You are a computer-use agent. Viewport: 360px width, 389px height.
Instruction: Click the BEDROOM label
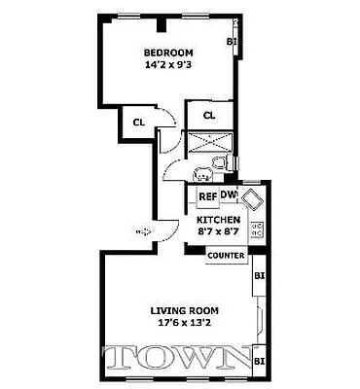[x=168, y=53]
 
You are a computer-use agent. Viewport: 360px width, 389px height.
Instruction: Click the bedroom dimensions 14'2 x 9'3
[x=168, y=67]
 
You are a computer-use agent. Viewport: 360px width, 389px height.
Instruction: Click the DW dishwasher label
[x=229, y=195]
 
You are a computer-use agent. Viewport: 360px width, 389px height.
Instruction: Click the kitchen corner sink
[x=253, y=199]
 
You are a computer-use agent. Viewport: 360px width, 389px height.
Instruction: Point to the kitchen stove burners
[x=258, y=231]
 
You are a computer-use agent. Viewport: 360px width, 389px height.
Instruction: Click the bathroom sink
[x=201, y=175]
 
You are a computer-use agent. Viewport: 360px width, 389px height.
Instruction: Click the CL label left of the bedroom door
[x=139, y=123]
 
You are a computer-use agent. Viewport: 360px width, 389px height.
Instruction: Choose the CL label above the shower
[x=209, y=116]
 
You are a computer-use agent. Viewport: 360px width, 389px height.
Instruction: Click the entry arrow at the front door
[x=143, y=231]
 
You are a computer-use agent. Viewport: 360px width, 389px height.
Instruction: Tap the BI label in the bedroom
[x=232, y=41]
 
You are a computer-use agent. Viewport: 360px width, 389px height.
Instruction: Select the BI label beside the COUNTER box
[x=259, y=275]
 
